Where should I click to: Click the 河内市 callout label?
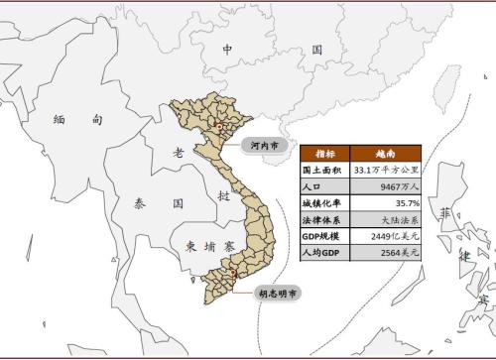(x=264, y=145)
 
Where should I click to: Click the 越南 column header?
(x=388, y=154)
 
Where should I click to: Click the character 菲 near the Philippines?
(x=449, y=213)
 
